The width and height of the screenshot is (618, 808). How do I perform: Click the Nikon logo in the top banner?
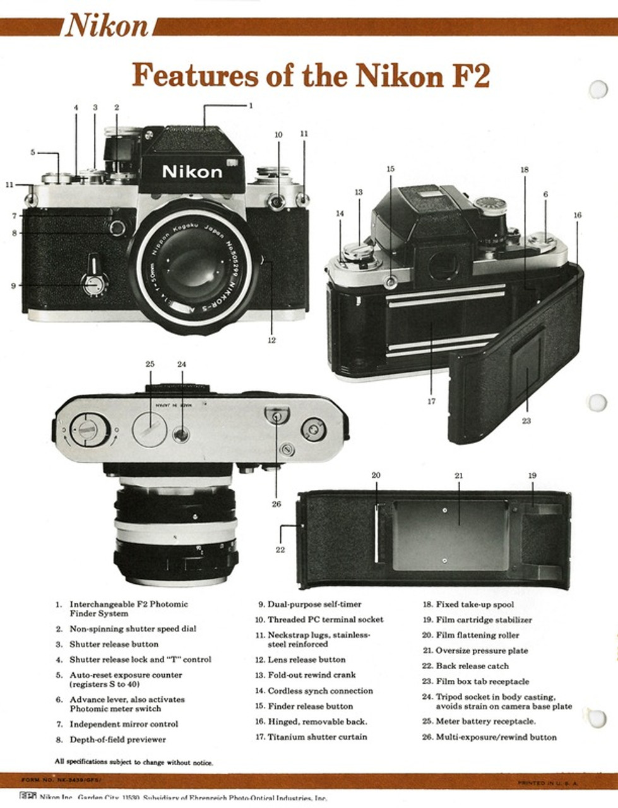tap(107, 27)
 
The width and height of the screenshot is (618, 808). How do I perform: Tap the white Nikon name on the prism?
tap(192, 172)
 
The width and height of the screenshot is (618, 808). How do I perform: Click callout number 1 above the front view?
tap(251, 105)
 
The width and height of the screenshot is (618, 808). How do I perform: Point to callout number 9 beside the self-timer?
tap(13, 285)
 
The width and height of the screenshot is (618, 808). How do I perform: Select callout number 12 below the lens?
tap(271, 340)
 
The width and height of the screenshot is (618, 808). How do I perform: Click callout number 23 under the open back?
tap(526, 420)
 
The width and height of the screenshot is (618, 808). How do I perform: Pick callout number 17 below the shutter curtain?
tap(431, 401)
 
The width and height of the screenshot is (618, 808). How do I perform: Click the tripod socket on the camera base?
tap(181, 434)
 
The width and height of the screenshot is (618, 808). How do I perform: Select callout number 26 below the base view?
tap(276, 504)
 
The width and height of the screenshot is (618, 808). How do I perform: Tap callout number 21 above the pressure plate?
tap(459, 475)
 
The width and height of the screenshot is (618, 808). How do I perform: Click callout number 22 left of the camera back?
tap(280, 549)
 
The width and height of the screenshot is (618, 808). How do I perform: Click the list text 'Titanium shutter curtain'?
tap(317, 737)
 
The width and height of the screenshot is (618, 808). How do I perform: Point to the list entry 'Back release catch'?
tap(472, 666)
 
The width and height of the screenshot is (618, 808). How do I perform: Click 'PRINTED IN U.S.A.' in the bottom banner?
tap(547, 783)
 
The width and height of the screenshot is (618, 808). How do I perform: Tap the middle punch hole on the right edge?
tap(597, 403)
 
